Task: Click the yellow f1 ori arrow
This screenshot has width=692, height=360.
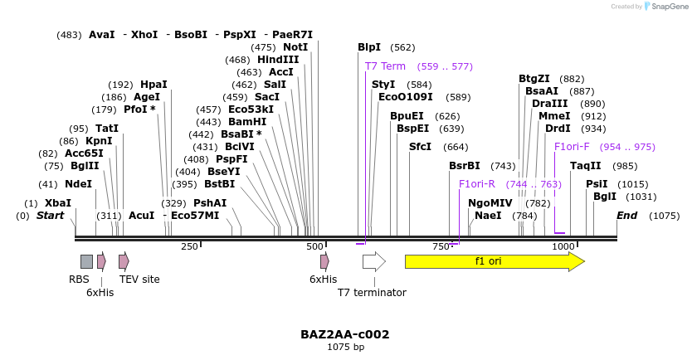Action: coord(494,261)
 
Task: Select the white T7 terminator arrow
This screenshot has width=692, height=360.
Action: coord(373,261)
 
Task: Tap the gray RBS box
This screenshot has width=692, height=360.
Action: coord(86,261)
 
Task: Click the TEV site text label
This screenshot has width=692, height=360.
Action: coord(139,280)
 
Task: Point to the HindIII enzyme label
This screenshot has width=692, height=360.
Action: coord(278,60)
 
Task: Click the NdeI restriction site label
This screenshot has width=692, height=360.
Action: coord(78,184)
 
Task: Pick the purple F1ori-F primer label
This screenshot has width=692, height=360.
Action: coord(572,147)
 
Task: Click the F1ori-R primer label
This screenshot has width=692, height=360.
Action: coord(477,184)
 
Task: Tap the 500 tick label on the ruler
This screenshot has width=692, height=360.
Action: coord(314,246)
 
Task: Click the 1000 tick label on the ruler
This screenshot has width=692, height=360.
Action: coord(563,246)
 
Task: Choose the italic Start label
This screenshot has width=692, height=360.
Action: coord(50,216)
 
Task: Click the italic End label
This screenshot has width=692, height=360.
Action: coord(626,216)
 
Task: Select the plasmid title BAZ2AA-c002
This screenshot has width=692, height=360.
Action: coord(345,334)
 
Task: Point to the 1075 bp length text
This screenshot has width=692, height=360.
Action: coord(345,347)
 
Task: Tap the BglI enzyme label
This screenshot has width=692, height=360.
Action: coord(605,197)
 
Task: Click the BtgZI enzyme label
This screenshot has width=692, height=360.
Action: coord(534,79)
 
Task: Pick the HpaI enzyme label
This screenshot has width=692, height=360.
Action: coord(154,85)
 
